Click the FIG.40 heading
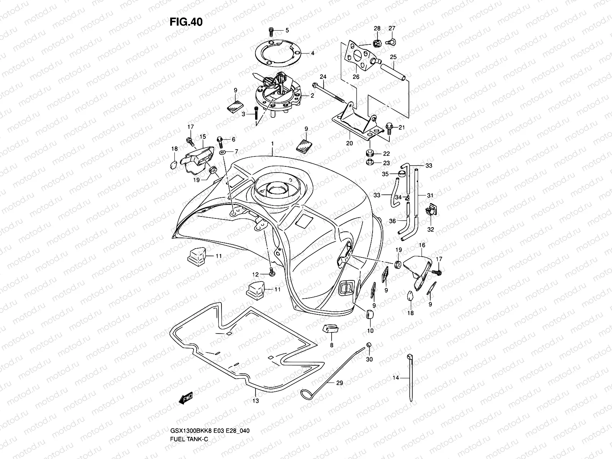[186, 22]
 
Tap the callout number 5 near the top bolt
[287, 30]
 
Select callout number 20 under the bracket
[349, 143]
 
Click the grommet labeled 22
[369, 154]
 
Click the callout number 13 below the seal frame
[256, 401]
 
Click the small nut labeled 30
[369, 346]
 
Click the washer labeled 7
[224, 153]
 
